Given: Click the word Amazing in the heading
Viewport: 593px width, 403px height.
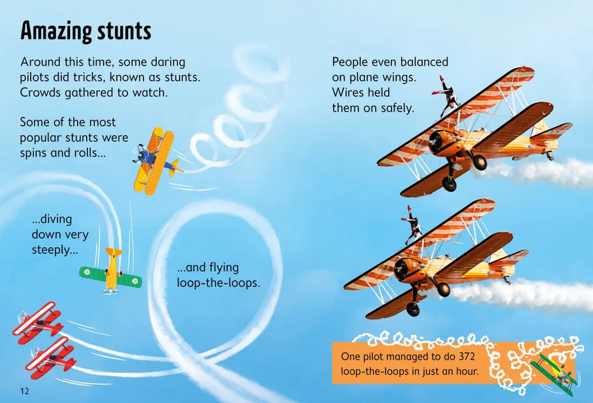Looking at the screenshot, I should coord(52,31).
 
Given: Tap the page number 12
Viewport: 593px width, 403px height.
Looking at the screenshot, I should coord(24,391).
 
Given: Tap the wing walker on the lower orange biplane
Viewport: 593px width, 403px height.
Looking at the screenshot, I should coord(413,225).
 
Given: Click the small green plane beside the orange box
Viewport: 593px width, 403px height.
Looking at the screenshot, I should coord(556,371).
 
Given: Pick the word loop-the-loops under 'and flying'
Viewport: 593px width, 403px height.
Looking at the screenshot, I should coord(218,283).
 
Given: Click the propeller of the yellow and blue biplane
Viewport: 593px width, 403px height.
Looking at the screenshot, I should coord(138,153).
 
